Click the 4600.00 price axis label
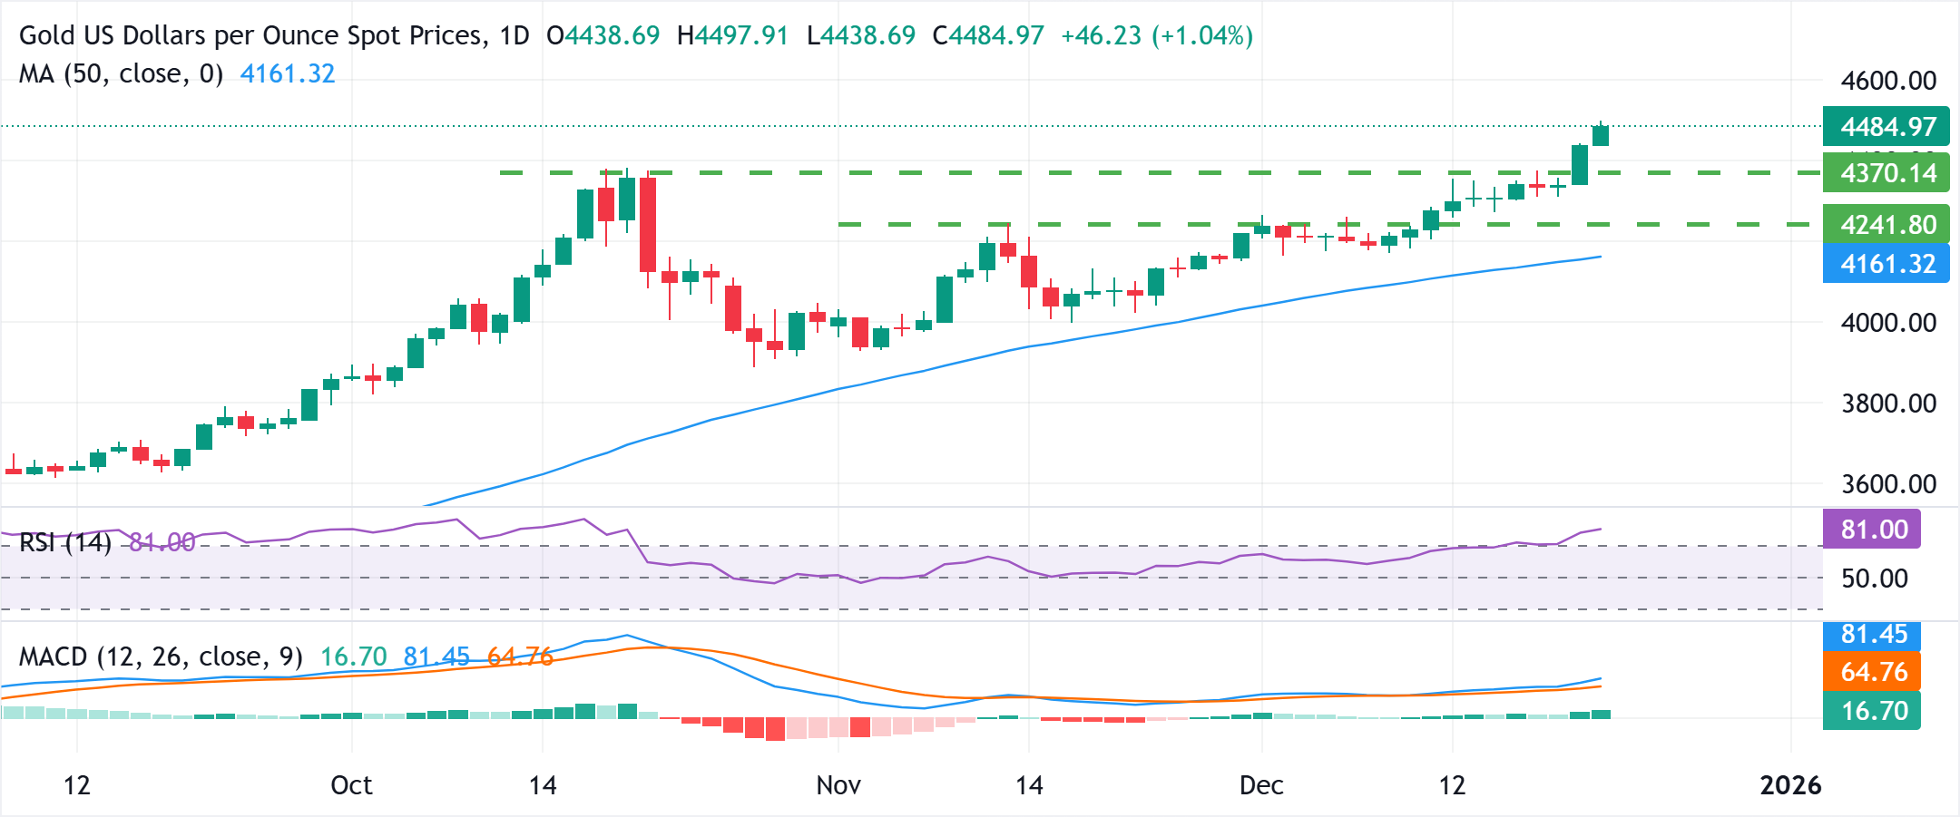coord(1887,81)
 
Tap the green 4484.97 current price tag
coord(1886,127)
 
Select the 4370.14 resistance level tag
coord(1886,173)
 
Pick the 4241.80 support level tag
coord(1886,225)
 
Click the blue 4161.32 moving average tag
coord(1886,264)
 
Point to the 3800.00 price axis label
coord(1887,404)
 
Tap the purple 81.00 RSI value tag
coord(1871,530)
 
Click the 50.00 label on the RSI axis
coord(1874,579)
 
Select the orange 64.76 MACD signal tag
coord(1871,672)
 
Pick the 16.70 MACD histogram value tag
coord(1871,711)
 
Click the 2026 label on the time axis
coord(1789,785)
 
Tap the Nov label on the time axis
coord(838,785)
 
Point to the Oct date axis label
coord(351,785)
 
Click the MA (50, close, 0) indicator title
coord(121,73)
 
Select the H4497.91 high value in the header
coord(732,35)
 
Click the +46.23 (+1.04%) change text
coord(1156,35)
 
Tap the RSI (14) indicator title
coord(64,543)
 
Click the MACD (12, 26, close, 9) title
coord(161,657)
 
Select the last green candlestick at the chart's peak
coord(1601,135)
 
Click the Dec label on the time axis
coord(1260,785)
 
